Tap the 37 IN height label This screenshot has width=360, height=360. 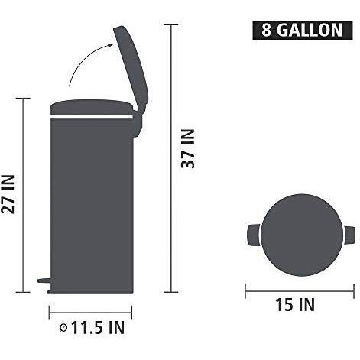tap(190, 150)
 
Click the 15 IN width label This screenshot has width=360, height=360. tap(295, 305)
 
